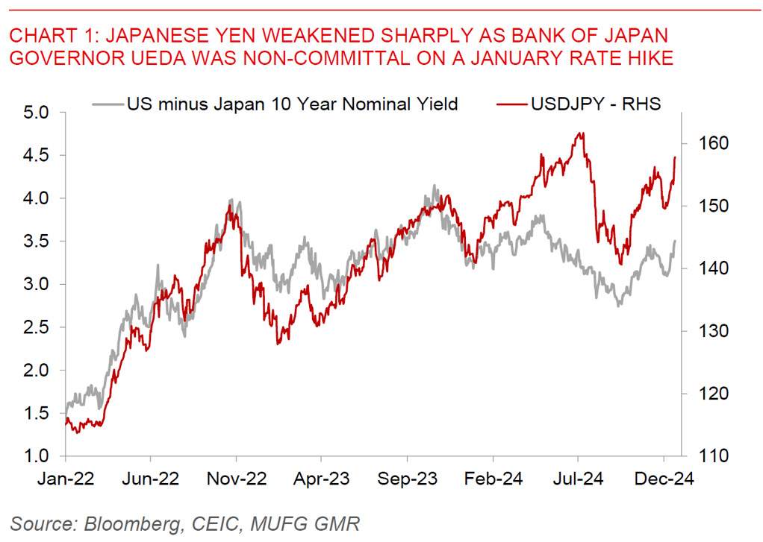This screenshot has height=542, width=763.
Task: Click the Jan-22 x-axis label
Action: pyautogui.click(x=66, y=479)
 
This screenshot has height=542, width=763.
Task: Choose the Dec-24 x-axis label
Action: pyautogui.click(x=664, y=479)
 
